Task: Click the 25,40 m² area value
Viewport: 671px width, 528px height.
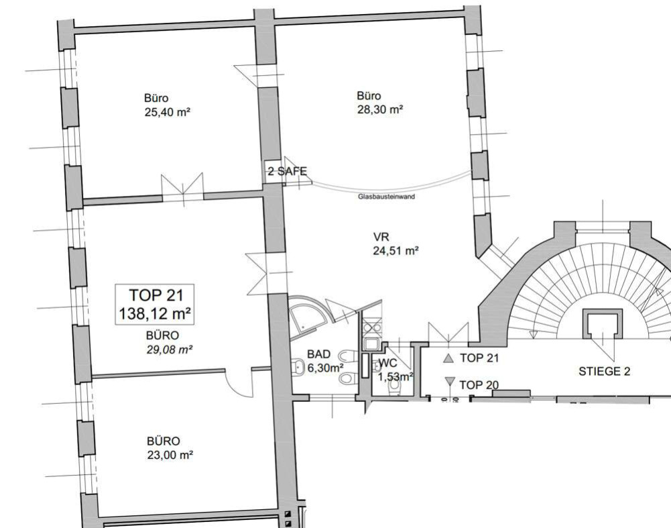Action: click(x=168, y=112)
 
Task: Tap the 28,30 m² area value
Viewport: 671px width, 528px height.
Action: click(x=380, y=109)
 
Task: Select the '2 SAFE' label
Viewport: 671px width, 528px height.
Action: click(x=288, y=172)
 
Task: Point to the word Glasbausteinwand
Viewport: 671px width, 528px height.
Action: click(x=386, y=197)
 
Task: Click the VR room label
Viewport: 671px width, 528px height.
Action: click(x=381, y=237)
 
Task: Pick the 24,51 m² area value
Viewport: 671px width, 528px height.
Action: click(x=396, y=250)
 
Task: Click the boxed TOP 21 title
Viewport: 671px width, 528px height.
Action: click(x=156, y=295)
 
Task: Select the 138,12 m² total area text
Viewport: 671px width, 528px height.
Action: click(x=155, y=314)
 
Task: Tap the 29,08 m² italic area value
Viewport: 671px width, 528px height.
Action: click(x=170, y=350)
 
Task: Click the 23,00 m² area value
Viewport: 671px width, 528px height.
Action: click(x=170, y=455)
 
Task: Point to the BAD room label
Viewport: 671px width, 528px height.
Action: click(x=319, y=354)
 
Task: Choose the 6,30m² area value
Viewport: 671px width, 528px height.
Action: click(x=326, y=368)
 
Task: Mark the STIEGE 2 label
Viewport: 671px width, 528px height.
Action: click(x=604, y=371)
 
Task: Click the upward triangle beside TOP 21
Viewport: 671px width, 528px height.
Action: click(x=448, y=359)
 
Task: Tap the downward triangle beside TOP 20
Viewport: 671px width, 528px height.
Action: click(x=450, y=381)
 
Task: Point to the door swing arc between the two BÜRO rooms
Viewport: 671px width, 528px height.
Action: click(x=235, y=385)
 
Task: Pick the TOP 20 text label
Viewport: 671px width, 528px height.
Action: click(x=479, y=385)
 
